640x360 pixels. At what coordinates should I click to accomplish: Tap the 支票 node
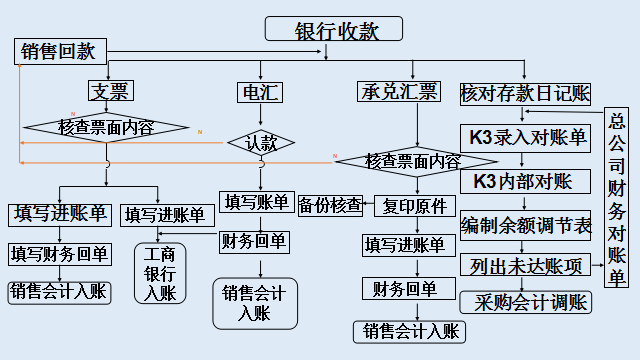109,92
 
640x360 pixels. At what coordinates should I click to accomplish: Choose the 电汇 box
259,93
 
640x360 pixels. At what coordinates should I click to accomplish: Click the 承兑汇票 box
397,93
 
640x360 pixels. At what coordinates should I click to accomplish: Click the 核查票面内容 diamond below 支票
106,127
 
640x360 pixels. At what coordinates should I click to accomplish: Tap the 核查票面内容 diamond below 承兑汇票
412,160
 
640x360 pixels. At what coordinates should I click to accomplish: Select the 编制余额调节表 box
526,224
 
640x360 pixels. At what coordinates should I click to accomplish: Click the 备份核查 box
329,204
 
